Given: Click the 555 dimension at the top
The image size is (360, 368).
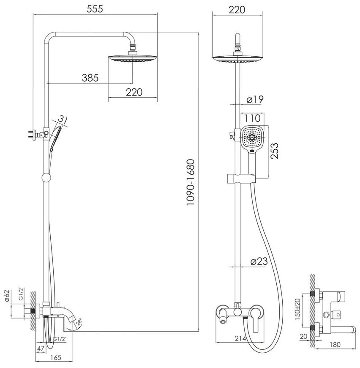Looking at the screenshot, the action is pos(95,9).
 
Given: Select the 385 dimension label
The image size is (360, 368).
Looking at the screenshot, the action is pos(90,78).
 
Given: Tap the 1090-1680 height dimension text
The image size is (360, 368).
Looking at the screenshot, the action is pos(191,182).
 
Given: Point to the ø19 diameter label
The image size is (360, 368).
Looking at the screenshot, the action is pos(255,99).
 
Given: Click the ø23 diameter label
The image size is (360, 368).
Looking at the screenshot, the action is pos(259,261).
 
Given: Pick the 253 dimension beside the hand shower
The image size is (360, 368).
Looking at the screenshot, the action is pos(275,151).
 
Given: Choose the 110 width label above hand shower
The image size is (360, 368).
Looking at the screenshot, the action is pos(252,118).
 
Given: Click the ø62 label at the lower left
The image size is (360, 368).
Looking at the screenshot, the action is pos(7,296).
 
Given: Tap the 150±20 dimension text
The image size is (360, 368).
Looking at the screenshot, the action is pos(297,309).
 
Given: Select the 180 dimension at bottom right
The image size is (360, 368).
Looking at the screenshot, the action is pos(335,344).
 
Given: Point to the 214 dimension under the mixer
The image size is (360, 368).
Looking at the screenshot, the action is pos(240,338).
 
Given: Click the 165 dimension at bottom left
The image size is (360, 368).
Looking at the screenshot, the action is pos(55,357).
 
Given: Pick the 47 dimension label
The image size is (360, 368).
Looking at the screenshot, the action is pos(41,349).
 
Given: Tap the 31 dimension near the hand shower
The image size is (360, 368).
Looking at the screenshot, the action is pos(63,120).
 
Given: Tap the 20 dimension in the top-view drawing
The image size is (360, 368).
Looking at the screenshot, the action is pos(303,336).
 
